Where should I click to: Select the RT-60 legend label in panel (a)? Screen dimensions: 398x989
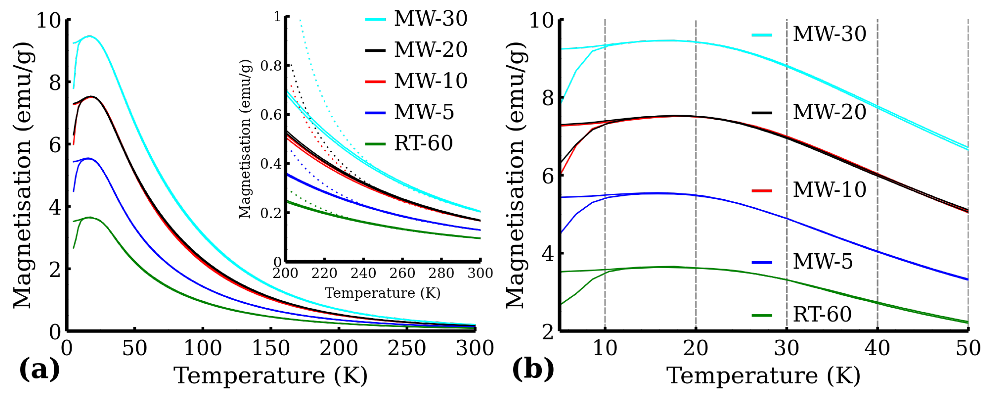(424, 143)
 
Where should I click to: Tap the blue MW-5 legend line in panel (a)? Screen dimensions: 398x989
(375, 113)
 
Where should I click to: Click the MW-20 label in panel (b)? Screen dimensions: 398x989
(829, 112)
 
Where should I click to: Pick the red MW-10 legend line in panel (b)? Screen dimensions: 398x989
(762, 190)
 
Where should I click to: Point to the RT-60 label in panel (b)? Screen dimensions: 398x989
(822, 314)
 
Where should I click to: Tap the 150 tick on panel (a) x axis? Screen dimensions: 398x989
(271, 348)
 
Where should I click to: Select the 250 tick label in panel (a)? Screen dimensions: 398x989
(406, 348)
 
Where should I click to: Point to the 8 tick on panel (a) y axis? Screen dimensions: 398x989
(55, 83)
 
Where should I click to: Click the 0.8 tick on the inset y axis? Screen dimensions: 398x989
(271, 66)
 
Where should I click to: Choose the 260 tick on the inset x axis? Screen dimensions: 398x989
(402, 273)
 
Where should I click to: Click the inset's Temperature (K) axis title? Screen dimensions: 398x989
(382, 293)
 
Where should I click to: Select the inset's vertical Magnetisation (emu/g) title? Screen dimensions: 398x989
(245, 139)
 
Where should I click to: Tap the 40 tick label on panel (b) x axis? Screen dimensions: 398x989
(877, 348)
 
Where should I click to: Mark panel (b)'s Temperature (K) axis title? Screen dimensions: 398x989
(763, 375)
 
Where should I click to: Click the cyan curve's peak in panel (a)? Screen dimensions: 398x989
(89, 36)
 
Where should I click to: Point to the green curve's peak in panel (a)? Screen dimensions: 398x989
(90, 217)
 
